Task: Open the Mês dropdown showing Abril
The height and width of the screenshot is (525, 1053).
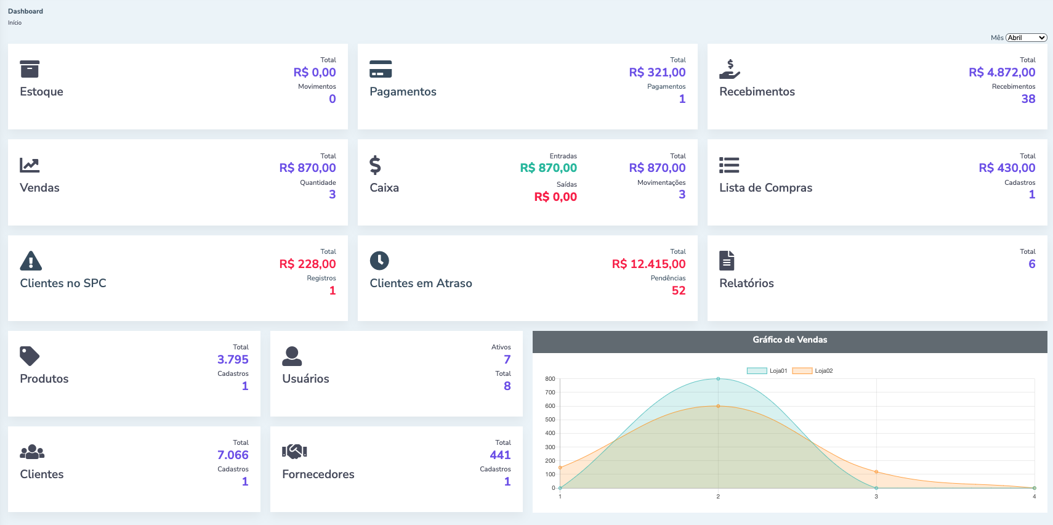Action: pos(1027,38)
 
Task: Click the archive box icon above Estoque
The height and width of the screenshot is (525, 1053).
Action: pos(30,69)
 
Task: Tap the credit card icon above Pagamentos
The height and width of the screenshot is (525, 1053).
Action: pos(381,69)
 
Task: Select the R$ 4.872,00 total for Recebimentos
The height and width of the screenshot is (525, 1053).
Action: pos(1002,73)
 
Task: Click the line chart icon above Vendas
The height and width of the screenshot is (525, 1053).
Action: pos(30,165)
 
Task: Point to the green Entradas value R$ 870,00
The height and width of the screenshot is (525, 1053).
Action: pos(548,168)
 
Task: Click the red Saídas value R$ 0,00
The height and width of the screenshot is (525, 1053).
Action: pos(555,197)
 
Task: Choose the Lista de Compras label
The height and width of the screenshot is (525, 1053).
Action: pos(765,188)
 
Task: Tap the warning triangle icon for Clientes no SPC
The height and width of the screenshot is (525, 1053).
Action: pos(31,261)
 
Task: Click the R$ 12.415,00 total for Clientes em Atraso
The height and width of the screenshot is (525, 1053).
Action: pos(648,264)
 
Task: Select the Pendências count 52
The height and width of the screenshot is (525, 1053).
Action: pos(679,291)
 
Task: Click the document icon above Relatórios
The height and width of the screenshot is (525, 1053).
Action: pos(727,261)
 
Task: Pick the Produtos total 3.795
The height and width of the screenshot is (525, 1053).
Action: pos(233,360)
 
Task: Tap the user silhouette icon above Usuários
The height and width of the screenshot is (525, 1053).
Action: pos(292,356)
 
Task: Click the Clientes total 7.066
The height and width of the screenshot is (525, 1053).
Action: pos(233,455)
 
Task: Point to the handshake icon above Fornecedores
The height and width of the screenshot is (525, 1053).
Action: pos(294,452)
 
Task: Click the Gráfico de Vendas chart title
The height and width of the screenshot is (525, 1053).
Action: pos(789,340)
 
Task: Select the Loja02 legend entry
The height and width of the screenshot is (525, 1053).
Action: pos(813,371)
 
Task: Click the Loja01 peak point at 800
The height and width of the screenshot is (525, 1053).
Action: pos(718,379)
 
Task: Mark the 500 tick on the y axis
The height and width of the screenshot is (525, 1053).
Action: pos(550,420)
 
